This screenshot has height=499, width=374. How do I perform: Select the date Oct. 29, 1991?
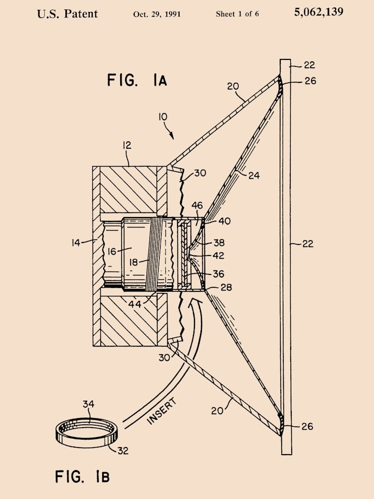pyautogui.click(x=157, y=14)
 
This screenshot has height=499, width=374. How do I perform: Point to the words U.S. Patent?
pyautogui.click(x=67, y=13)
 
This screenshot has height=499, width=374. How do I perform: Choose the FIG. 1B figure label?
pyautogui.click(x=82, y=476)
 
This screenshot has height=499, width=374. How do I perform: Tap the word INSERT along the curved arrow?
pyautogui.click(x=162, y=411)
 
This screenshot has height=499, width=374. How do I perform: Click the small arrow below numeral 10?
pyautogui.click(x=171, y=134)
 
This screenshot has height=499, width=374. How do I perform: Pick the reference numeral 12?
pyautogui.click(x=127, y=145)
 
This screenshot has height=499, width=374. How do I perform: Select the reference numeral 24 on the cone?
pyautogui.click(x=253, y=175)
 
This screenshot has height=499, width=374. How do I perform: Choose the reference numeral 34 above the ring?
pyautogui.click(x=88, y=404)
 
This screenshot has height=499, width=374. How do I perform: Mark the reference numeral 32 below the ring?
pyautogui.click(x=123, y=451)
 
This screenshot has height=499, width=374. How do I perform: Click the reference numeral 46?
pyautogui.click(x=197, y=205)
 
